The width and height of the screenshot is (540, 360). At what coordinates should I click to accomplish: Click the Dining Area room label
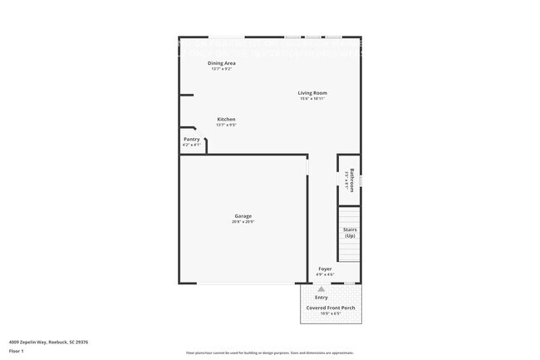[222, 63]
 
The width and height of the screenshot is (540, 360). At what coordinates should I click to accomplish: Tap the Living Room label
[313, 92]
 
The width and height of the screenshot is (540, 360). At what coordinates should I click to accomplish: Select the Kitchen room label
[226, 119]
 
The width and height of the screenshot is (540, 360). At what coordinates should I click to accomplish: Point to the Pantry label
[192, 139]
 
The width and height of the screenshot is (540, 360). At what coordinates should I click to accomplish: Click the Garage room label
[243, 216]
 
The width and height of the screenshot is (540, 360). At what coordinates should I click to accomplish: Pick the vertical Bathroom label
[352, 180]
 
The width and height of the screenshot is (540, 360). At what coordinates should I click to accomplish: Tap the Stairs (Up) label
[350, 233]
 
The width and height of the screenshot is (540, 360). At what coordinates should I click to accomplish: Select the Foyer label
[325, 269]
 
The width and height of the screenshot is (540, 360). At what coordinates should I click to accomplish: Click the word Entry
[322, 297]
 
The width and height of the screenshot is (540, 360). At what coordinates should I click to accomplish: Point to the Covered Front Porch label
[331, 308]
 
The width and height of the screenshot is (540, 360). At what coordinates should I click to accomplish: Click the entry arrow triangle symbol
[322, 288]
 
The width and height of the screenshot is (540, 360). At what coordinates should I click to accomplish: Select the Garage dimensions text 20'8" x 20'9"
[243, 222]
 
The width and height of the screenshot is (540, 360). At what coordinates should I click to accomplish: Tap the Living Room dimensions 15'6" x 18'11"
[313, 98]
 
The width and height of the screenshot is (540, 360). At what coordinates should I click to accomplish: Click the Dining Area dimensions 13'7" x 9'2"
[222, 69]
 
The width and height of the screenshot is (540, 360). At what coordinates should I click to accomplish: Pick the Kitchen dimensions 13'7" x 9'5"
[226, 125]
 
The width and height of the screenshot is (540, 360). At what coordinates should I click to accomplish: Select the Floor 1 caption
[17, 351]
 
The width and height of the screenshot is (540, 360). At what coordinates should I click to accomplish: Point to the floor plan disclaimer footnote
[269, 353]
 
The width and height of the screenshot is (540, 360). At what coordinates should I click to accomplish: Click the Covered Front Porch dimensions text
[331, 313]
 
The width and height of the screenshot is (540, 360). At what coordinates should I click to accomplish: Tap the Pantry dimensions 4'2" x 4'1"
[192, 145]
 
